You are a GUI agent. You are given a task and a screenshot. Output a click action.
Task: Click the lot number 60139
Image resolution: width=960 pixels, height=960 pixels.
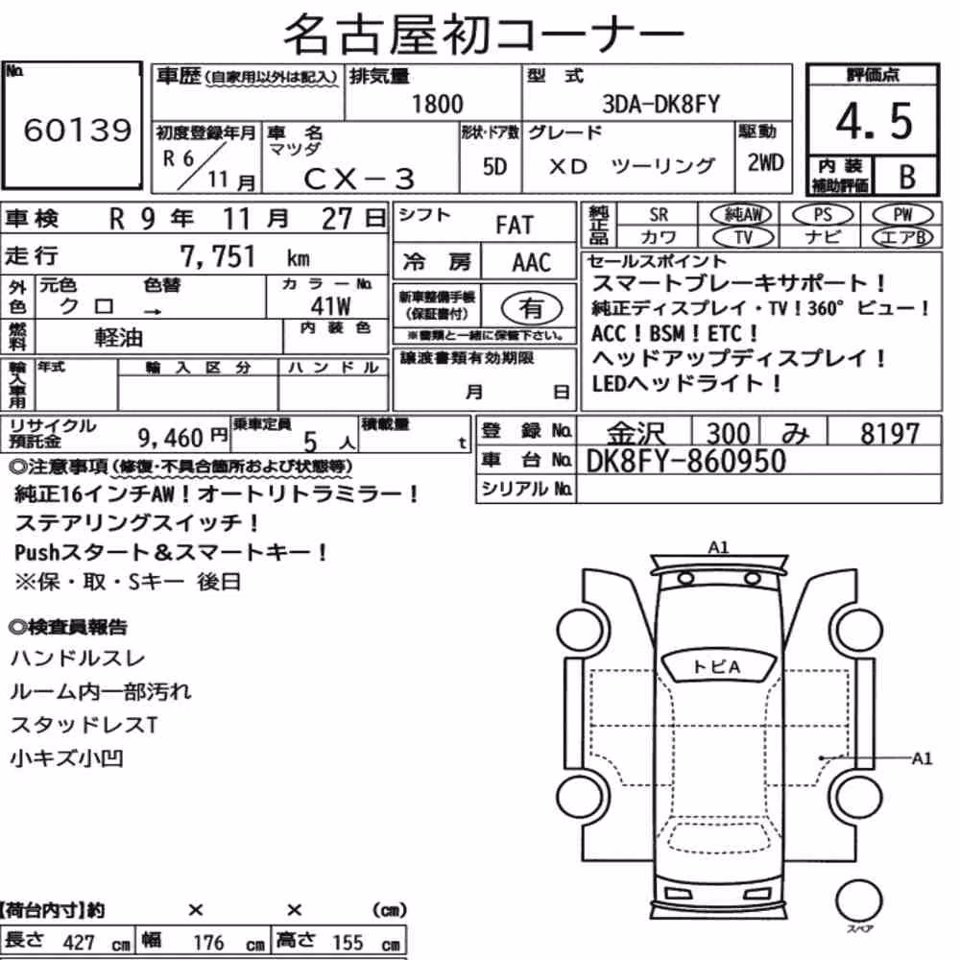[77, 130]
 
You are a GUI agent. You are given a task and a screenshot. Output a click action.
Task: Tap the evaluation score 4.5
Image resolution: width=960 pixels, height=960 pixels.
[874, 121]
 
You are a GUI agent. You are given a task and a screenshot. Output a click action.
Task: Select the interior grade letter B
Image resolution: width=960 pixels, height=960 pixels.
[907, 177]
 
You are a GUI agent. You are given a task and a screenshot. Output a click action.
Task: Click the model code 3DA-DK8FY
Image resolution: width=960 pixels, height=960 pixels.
[660, 104]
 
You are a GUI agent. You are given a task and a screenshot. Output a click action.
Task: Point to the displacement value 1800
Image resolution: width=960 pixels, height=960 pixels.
[437, 104]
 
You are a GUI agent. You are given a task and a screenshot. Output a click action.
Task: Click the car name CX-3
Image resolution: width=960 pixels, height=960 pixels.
[359, 179]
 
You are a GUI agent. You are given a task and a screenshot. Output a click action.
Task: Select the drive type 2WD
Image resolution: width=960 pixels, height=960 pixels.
[765, 163]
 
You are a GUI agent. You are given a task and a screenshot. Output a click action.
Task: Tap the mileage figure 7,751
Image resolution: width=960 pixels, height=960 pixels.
[217, 256]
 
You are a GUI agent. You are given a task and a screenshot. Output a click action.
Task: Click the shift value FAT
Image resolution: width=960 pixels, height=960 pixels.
[515, 225]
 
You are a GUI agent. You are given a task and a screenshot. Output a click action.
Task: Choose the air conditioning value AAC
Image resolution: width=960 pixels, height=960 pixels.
[532, 262]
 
